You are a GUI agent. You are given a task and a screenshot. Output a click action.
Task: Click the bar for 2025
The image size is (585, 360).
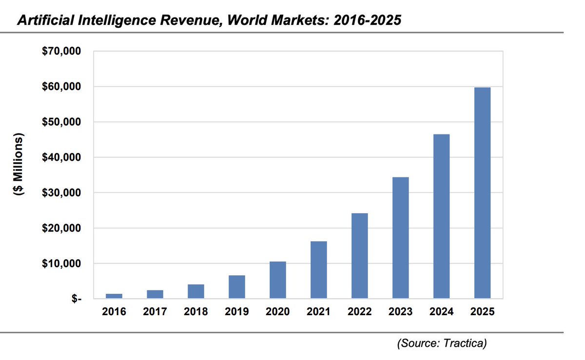482,193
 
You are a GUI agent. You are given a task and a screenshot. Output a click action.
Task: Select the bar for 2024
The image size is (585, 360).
441,216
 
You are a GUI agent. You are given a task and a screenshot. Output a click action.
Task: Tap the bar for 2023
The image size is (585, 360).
400,238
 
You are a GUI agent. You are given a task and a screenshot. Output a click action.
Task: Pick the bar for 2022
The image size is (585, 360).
359,256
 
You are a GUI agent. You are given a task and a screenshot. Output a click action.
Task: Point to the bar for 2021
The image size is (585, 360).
318,270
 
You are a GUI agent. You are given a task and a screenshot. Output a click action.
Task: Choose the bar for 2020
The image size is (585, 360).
277,280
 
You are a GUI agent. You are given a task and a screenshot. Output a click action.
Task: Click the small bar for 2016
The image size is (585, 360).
114,296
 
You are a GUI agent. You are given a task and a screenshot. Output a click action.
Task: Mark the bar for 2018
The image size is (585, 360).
196,291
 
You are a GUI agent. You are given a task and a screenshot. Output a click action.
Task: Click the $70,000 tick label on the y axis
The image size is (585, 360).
61,51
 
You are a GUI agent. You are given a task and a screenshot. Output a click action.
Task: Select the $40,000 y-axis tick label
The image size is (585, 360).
61,157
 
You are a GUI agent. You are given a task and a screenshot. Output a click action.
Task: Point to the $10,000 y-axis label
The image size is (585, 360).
61,264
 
